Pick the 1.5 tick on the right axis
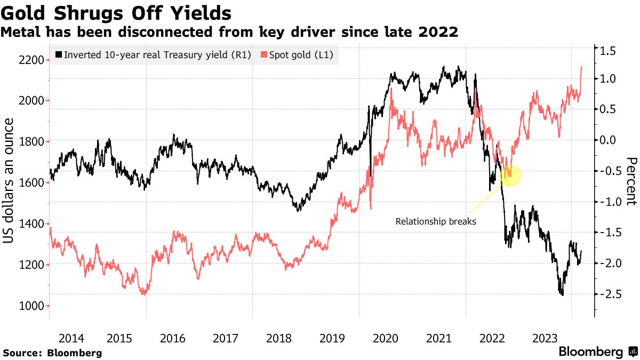pyautogui.click(x=607, y=52)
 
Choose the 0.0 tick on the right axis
pyautogui.click(x=607, y=140)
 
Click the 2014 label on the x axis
pyautogui.click(x=71, y=338)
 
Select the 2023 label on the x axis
pyautogui.click(x=546, y=338)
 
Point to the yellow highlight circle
pyautogui.click(x=511, y=175)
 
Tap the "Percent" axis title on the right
pyautogui.click(x=631, y=181)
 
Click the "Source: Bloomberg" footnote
pyautogui.click(x=52, y=353)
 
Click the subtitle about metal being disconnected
pyautogui.click(x=229, y=32)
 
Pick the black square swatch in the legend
pyautogui.click(x=58, y=54)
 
